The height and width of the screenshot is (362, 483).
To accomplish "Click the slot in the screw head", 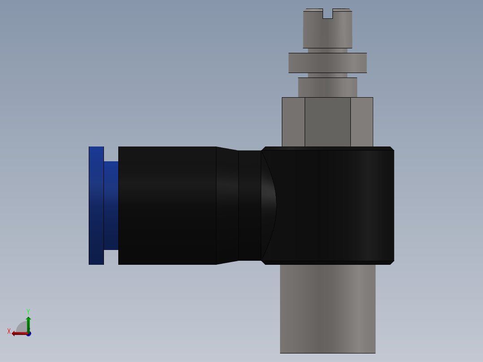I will coord(328,14).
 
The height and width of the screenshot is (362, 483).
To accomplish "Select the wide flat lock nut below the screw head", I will coord(328,63).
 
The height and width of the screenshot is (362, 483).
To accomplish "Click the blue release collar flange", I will coord(96,205).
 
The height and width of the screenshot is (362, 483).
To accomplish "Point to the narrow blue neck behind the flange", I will coord(111,205).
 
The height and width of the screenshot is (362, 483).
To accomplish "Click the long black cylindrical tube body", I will coord(167,205).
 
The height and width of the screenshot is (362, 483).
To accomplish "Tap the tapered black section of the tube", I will coord(227,205).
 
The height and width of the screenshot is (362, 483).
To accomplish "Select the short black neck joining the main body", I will coord(250,205).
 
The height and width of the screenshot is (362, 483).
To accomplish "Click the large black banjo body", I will coord(336,205).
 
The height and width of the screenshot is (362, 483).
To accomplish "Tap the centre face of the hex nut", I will coord(328,122).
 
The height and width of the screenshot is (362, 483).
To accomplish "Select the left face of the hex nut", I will coord(293,122).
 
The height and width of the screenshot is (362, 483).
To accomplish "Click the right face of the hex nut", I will coord(362,122).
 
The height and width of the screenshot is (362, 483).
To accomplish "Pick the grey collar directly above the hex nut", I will coord(328,87).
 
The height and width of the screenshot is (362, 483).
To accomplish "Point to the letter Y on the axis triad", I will coord(28,311).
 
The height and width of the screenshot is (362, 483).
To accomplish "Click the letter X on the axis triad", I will coord(9,331).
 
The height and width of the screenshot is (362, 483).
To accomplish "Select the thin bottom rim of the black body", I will coord(328,263).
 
